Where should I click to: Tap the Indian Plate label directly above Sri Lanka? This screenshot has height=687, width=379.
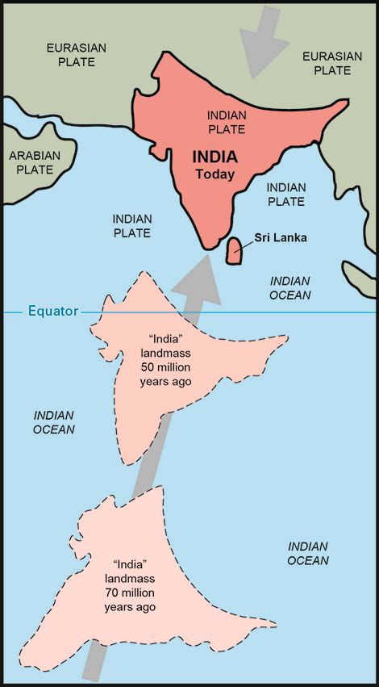coord(285,194)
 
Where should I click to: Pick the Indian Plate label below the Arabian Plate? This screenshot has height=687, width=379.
coord(131,225)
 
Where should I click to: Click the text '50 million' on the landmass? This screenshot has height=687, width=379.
coord(165,367)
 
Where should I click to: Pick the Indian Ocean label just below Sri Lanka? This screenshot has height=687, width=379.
coord(289,287)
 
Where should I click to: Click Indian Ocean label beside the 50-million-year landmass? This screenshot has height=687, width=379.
coord(54,421)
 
